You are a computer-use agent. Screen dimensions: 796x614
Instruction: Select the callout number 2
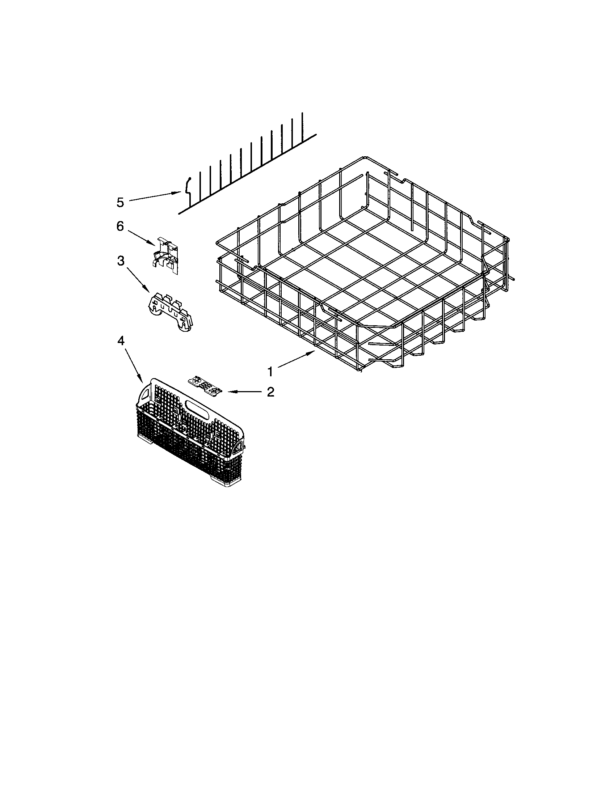pos(270,392)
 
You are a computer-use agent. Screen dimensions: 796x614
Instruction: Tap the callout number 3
pos(120,260)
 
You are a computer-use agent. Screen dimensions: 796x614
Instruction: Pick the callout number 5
pos(120,202)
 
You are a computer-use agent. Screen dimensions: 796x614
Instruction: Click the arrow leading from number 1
pos(295,360)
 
